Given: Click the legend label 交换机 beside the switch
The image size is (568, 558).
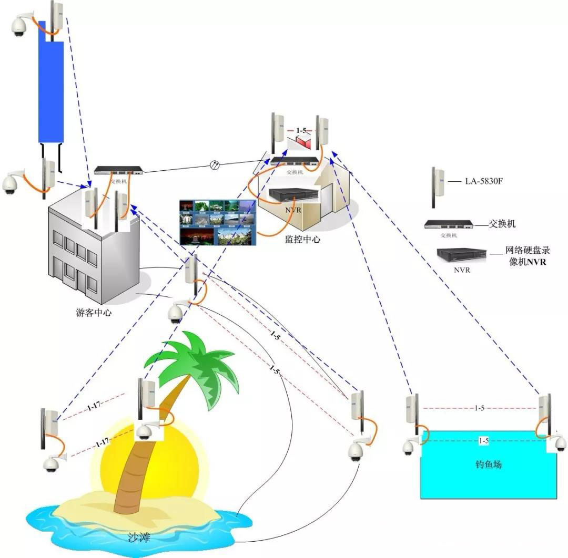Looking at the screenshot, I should pos(502,224).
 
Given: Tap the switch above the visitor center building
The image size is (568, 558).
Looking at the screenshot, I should pos(119,170).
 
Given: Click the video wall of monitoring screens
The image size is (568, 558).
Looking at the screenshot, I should pos(217,222).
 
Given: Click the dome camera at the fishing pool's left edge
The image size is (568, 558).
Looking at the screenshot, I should pos(409,447).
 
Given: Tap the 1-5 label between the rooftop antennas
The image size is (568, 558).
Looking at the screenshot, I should pos(300,130).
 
